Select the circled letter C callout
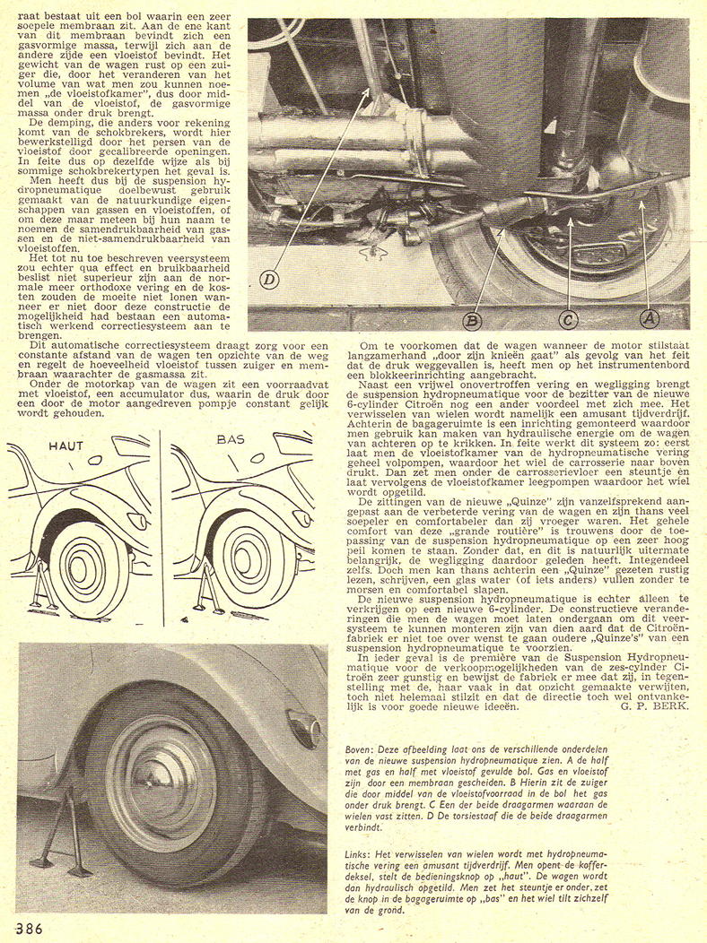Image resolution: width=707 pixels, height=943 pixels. [568, 318]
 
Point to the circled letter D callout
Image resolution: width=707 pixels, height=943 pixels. [270, 281]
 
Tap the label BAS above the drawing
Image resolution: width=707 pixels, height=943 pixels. [231, 441]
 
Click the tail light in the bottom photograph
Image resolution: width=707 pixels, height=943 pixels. [303, 727]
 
